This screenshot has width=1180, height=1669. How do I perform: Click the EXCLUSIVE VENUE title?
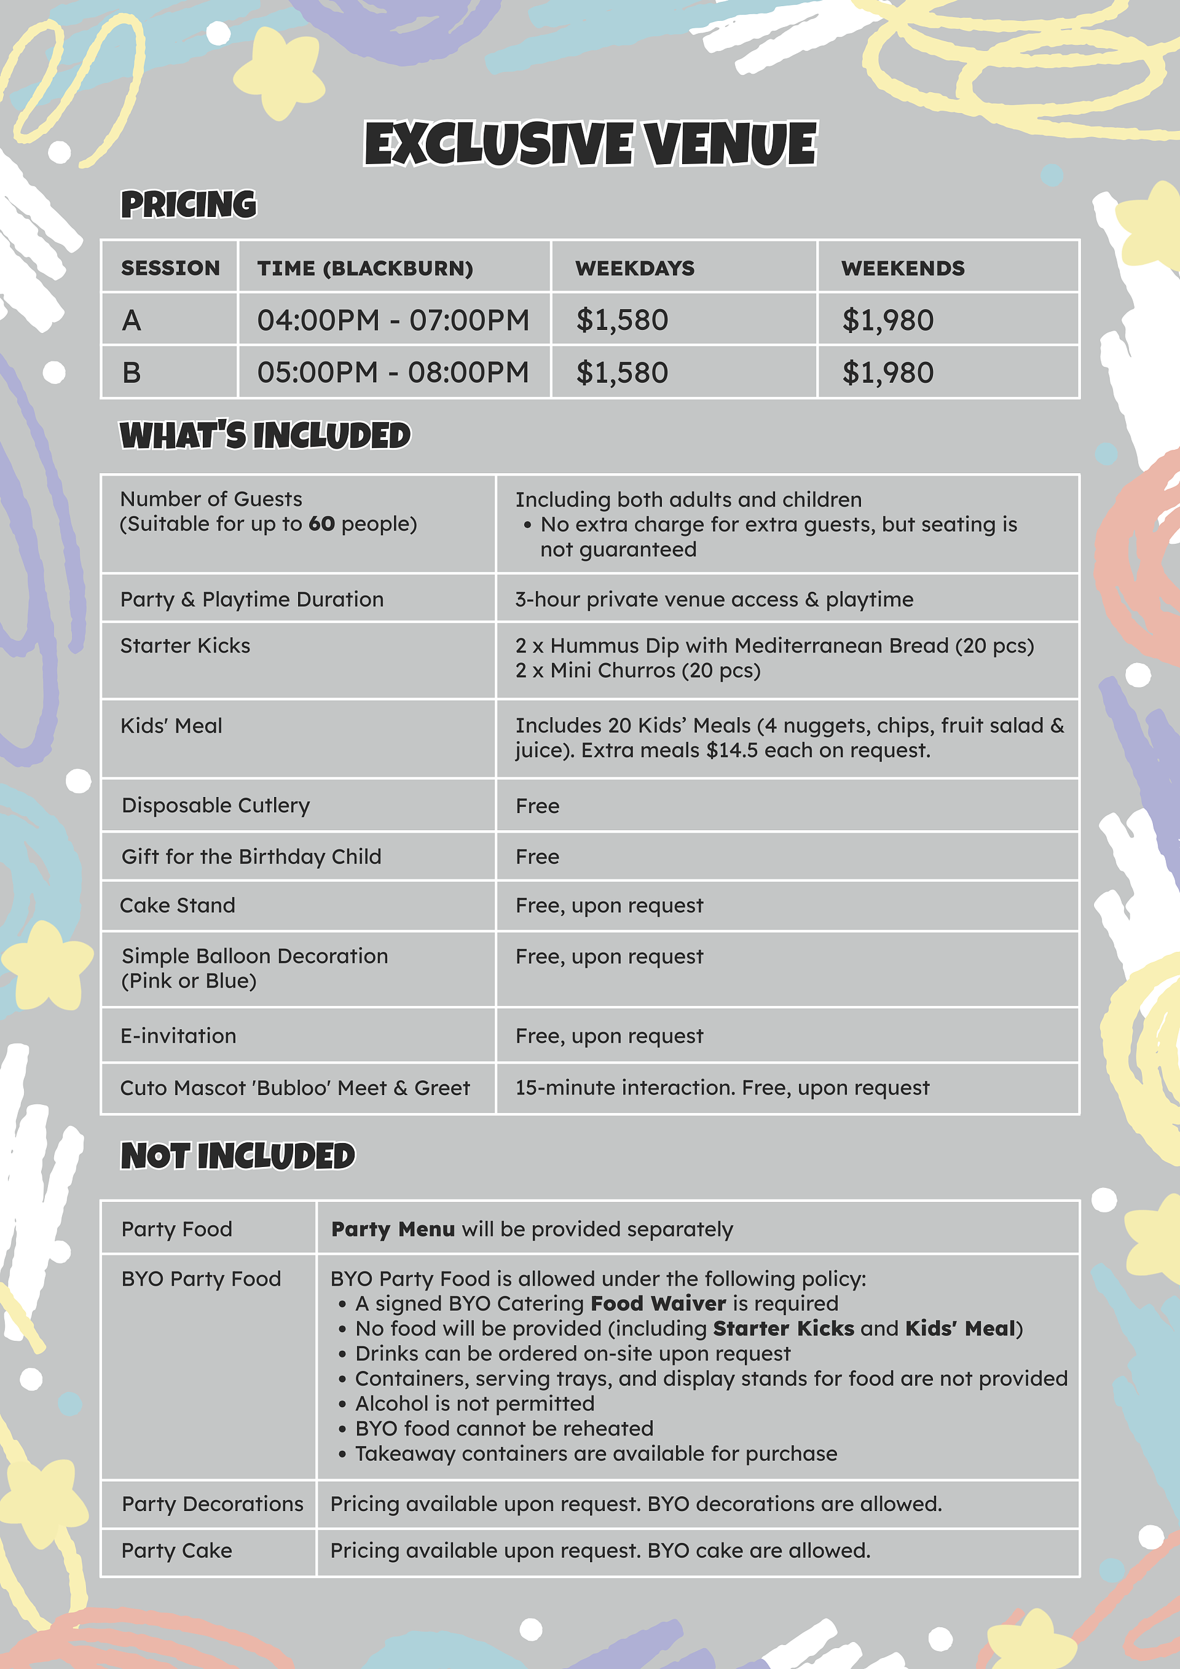click(x=591, y=143)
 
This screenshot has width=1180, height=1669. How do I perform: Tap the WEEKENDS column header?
click(x=902, y=268)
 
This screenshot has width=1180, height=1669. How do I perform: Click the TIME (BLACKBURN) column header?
click(x=365, y=268)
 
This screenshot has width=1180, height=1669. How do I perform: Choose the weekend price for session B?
click(x=887, y=373)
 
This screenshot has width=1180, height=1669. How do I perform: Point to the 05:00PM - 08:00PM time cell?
click(x=393, y=373)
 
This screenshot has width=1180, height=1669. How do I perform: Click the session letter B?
click(x=132, y=373)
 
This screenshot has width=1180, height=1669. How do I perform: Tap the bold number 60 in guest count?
click(x=321, y=524)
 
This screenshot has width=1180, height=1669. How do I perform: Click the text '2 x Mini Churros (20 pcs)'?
click(x=637, y=670)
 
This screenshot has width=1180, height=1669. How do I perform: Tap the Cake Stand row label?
click(x=178, y=905)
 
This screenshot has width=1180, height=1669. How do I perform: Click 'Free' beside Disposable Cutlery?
click(x=537, y=806)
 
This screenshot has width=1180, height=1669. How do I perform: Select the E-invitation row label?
click(x=178, y=1036)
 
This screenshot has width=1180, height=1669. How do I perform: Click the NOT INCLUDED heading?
click(x=238, y=1156)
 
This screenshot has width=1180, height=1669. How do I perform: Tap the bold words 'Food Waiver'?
click(x=658, y=1303)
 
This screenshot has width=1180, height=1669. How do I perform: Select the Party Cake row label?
click(x=176, y=1550)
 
